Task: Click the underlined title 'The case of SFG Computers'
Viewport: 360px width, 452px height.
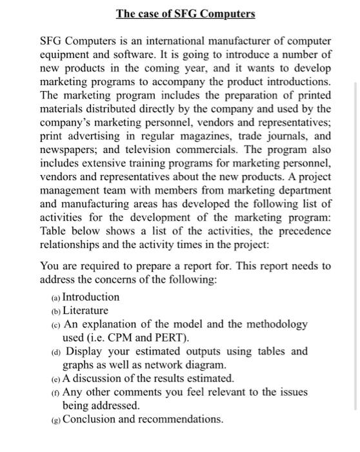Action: (185, 14)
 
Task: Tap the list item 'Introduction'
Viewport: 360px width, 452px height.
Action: (91, 297)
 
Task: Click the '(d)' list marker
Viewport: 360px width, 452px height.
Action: (55, 352)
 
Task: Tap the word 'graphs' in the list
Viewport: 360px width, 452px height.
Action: (79, 365)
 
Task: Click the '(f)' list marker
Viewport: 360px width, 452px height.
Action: (55, 393)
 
